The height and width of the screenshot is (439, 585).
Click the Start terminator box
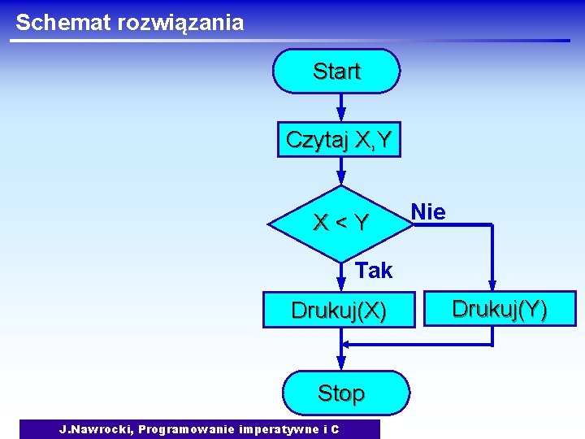click(x=336, y=72)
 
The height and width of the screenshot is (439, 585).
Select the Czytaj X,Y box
click(x=339, y=141)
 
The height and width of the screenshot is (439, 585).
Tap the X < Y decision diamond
click(x=341, y=222)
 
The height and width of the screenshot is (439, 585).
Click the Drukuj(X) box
click(x=339, y=311)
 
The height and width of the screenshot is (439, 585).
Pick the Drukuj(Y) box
click(x=500, y=309)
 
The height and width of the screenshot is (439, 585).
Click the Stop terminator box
click(x=341, y=393)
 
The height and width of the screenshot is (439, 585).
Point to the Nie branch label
click(x=428, y=212)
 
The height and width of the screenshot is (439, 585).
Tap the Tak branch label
click(x=374, y=271)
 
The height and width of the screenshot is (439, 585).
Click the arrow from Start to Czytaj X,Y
click(x=341, y=106)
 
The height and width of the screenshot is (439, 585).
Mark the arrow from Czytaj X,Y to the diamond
click(x=341, y=172)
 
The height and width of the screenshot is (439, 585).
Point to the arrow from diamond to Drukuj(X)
click(x=341, y=276)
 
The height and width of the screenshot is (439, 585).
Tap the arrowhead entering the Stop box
click(x=341, y=365)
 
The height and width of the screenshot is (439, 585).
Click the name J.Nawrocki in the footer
click(x=96, y=429)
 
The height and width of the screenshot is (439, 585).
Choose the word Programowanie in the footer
click(x=184, y=429)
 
